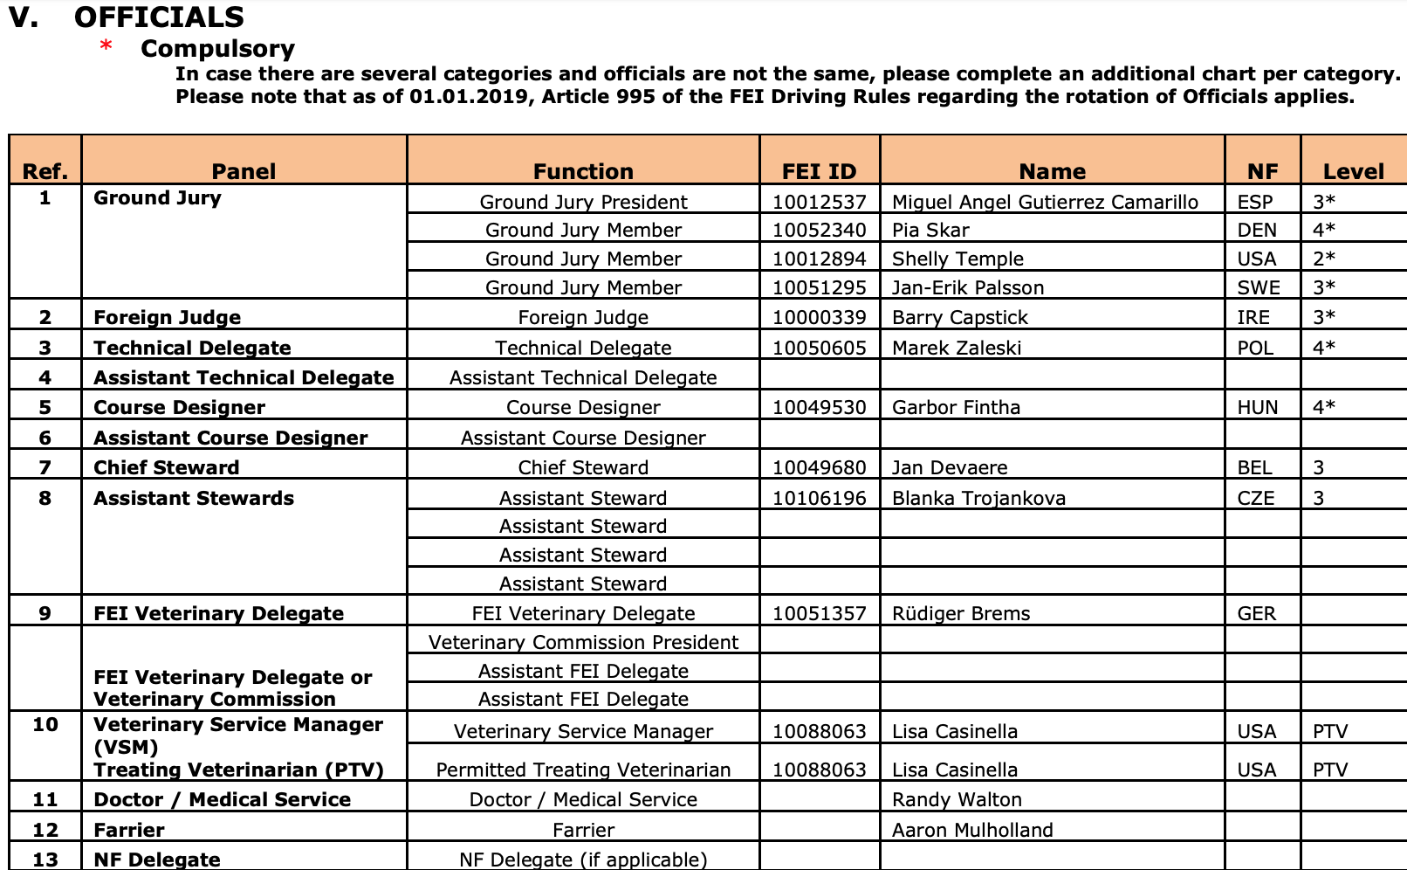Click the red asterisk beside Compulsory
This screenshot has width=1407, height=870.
[x=106, y=45]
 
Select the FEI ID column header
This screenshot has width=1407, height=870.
[x=819, y=171]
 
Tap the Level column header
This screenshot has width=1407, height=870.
[x=1353, y=171]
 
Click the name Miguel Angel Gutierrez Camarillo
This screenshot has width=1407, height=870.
[x=1045, y=203]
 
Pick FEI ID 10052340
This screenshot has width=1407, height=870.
[x=819, y=231]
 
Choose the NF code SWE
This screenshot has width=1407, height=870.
[x=1258, y=288]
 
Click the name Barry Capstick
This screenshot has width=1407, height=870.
[x=959, y=318]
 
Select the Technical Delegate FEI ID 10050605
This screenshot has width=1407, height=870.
[x=819, y=349]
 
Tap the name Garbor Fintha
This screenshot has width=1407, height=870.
[x=956, y=408]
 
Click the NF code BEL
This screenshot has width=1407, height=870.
[x=1254, y=468]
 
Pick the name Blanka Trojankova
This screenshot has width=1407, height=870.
[x=978, y=499]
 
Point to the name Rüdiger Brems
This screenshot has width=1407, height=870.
[x=961, y=614]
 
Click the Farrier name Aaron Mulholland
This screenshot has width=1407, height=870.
[x=972, y=831]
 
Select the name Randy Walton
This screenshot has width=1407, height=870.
[x=957, y=800]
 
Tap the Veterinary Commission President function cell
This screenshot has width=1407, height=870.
[x=583, y=643]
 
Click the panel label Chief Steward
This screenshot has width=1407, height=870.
[x=166, y=468]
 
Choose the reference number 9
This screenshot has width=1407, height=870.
[x=45, y=614]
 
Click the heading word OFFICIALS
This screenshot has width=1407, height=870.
[x=159, y=17]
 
